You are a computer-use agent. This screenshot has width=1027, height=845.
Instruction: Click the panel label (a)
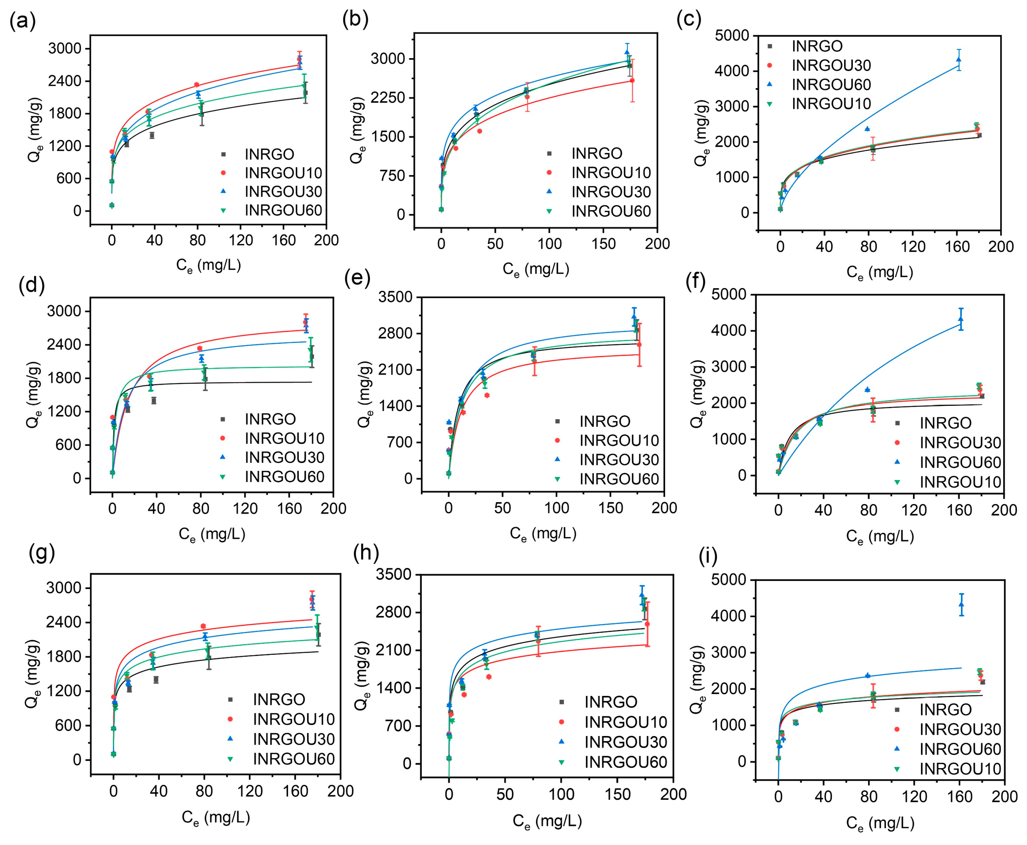click(22, 22)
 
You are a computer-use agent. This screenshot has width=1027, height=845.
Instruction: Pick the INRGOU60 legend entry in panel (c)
click(831, 85)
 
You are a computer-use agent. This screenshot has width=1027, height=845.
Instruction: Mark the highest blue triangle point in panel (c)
click(958, 60)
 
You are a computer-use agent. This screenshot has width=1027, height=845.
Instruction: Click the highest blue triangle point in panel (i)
click(961, 605)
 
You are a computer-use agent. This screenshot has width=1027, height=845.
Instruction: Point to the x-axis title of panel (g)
click(216, 817)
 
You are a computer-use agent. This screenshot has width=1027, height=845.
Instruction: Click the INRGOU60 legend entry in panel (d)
click(284, 477)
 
